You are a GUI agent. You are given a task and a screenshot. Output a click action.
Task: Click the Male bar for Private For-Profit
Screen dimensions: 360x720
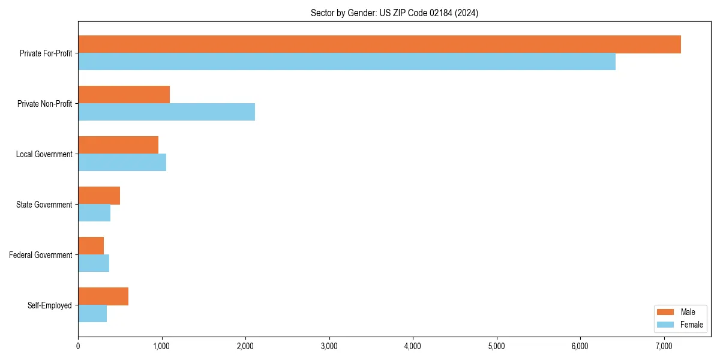click(x=379, y=44)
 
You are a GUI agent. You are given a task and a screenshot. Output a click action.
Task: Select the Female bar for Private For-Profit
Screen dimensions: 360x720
click(x=347, y=62)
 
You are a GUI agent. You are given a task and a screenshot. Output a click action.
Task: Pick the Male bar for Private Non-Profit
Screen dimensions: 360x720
click(x=124, y=95)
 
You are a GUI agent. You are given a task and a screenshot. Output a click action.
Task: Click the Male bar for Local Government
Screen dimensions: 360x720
click(x=118, y=145)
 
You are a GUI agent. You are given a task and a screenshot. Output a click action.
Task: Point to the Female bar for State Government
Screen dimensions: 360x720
click(x=94, y=213)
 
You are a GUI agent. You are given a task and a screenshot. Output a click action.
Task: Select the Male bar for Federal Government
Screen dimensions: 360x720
click(x=91, y=246)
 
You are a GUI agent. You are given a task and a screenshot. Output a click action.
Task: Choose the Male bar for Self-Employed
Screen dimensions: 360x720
click(x=103, y=296)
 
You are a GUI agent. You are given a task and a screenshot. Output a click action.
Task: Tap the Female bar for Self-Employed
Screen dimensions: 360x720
click(x=92, y=314)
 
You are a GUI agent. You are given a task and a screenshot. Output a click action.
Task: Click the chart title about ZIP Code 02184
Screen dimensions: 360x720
click(x=394, y=13)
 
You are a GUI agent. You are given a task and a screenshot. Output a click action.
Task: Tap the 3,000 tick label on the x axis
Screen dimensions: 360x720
click(x=329, y=346)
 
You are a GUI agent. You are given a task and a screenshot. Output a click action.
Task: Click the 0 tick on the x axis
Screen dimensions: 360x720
click(x=78, y=346)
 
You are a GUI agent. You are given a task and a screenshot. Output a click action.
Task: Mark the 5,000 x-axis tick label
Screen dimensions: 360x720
click(x=496, y=346)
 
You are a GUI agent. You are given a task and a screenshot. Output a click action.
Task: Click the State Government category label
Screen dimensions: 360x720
click(x=44, y=205)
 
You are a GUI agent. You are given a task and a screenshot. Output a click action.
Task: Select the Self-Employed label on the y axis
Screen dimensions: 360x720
click(x=49, y=305)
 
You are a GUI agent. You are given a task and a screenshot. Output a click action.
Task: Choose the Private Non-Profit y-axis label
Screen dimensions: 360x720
click(x=44, y=104)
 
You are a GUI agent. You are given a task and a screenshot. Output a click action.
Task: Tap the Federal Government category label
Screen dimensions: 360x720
click(x=40, y=255)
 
